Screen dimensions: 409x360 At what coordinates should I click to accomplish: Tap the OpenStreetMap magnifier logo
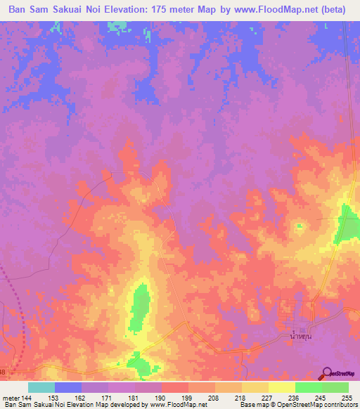tap(327, 374)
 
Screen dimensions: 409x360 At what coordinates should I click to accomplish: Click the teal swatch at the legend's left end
tap(41, 387)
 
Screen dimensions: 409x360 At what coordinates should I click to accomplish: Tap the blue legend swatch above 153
tap(67, 387)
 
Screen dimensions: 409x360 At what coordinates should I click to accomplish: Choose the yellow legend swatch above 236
tap(281, 387)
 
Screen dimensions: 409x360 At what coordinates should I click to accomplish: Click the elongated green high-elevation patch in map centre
tap(140, 307)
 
